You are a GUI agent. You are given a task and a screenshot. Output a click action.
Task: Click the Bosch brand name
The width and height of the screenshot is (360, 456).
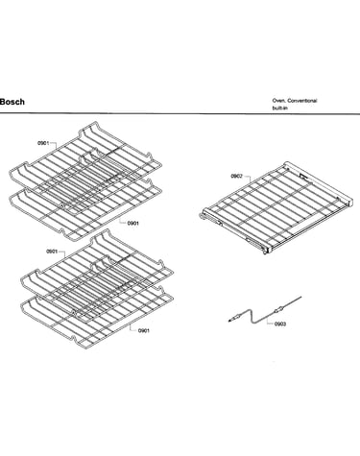pyautogui.click(x=12, y=102)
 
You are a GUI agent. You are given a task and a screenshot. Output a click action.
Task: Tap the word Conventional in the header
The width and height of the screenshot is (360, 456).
pyautogui.click(x=302, y=101)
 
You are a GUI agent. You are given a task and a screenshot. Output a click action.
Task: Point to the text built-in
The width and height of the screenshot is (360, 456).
pyautogui.click(x=279, y=108)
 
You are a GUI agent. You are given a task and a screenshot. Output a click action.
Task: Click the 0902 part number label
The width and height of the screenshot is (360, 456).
pyautogui.click(x=236, y=176)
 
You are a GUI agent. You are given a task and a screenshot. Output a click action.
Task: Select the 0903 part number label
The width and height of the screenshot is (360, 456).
pyautogui.click(x=280, y=324)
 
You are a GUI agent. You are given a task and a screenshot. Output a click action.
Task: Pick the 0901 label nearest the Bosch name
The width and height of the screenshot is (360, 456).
pyautogui.click(x=43, y=143)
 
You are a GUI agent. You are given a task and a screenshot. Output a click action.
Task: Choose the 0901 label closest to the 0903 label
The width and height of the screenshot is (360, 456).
pyautogui.click(x=144, y=330)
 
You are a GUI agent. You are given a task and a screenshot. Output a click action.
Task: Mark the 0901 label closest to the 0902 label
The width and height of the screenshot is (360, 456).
pyautogui.click(x=133, y=223)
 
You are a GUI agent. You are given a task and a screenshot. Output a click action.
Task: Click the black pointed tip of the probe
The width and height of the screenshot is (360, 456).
pyautogui.click(x=229, y=321)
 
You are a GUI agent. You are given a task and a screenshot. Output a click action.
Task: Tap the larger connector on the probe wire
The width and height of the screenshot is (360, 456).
pyautogui.click(x=278, y=309)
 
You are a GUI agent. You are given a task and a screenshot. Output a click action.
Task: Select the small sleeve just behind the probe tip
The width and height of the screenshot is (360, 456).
pyautogui.click(x=236, y=318)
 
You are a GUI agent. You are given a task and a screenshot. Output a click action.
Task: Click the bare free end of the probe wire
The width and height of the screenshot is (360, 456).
pyautogui.click(x=300, y=298)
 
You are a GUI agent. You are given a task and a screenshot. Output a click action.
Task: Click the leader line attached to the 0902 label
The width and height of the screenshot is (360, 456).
pyautogui.click(x=248, y=179)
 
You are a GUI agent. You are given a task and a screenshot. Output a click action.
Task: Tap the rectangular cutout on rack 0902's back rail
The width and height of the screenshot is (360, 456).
pyautogui.click(x=303, y=176)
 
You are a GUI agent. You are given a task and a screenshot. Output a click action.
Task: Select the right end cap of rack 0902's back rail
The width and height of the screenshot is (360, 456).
pyautogui.click(x=349, y=201)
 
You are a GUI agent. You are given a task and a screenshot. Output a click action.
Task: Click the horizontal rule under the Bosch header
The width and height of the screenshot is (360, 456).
pyautogui.click(x=180, y=113)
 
